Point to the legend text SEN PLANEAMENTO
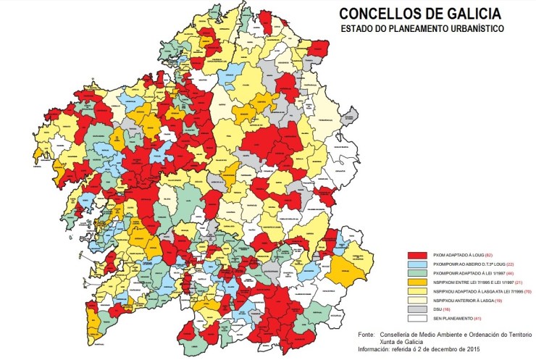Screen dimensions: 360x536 coord(453,319)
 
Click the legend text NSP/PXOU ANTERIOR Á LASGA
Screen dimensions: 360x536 coord(464,301)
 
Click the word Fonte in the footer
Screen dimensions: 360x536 coord(369,335)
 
